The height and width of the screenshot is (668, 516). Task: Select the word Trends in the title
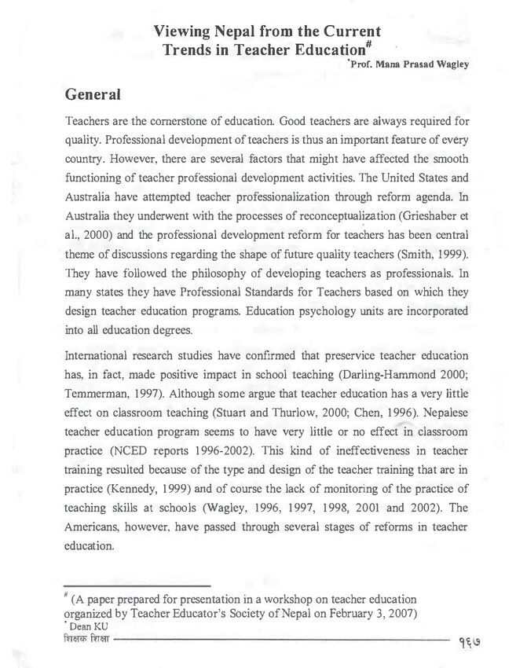(x=192, y=50)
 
